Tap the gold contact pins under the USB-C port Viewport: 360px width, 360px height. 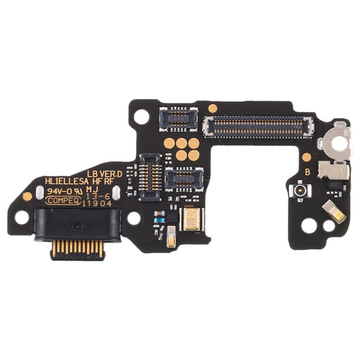(75, 248)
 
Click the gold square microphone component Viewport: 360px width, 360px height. (192, 217)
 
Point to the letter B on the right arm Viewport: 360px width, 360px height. (307, 172)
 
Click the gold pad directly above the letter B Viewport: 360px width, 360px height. (306, 157)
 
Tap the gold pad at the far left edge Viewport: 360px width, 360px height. (27, 197)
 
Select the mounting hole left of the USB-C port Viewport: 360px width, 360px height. (22, 217)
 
